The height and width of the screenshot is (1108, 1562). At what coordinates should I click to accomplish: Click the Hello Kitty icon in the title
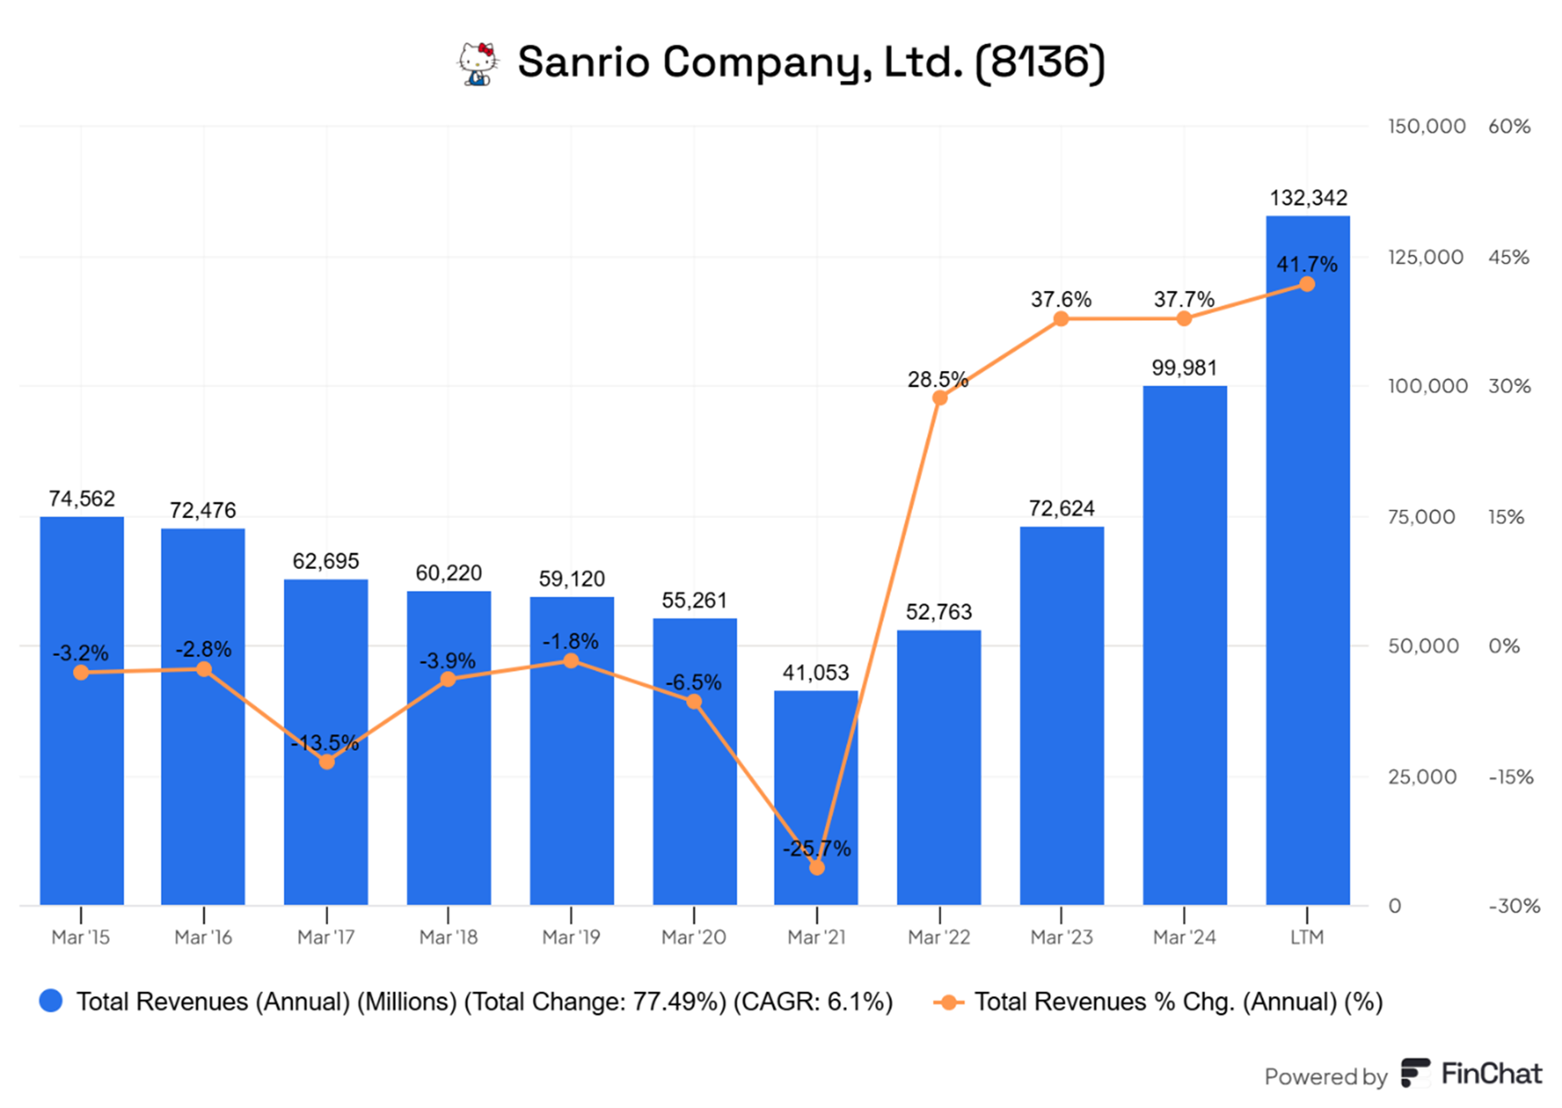pos(478,64)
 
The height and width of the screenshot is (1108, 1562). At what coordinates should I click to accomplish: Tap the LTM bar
pos(1307,585)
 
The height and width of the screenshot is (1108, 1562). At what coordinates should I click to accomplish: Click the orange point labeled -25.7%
pos(817,867)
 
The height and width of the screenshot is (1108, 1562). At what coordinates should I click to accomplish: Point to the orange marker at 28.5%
pos(940,398)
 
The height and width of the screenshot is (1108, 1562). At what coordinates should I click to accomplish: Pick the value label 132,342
pos(1308,198)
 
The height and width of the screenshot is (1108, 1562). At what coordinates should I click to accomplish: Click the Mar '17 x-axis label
pos(326,938)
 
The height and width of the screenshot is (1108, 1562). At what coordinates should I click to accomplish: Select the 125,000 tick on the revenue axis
pos(1425,257)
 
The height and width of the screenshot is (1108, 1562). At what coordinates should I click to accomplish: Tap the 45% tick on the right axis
pos(1509,257)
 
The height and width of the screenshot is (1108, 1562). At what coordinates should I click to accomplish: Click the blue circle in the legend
pos(51,1001)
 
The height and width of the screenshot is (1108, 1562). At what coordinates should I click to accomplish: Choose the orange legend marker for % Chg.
pos(948,1002)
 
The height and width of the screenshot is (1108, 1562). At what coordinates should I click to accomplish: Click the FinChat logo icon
pos(1415,1073)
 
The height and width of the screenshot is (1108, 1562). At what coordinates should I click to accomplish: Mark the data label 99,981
pos(1184,368)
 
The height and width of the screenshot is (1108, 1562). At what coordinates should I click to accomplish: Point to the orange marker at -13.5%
pos(327,761)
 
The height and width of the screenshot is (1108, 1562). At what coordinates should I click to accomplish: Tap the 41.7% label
pos(1306,264)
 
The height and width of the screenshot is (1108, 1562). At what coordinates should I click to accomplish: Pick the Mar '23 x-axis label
pos(1061,938)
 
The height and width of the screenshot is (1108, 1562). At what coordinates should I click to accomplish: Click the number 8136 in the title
pos(1039,62)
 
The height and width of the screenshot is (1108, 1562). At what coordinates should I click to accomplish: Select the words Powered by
pos(1325,1076)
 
